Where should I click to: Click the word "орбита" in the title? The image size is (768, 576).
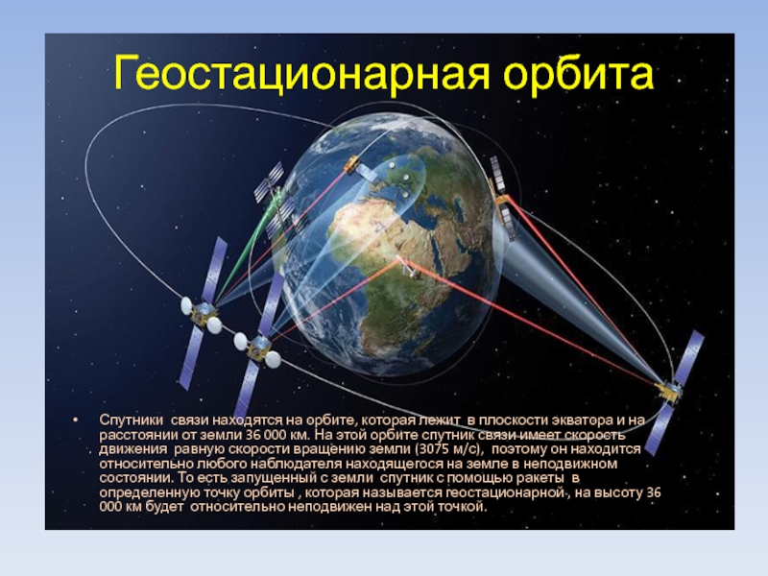tap(578, 73)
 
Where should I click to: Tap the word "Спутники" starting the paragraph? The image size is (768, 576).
tap(132, 420)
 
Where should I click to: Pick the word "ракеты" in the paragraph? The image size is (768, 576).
tap(538, 478)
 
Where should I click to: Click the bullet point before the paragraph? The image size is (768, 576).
tap(75, 420)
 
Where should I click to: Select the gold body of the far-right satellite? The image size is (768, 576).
tap(669, 392)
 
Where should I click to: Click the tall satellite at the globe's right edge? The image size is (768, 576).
tap(503, 199)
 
